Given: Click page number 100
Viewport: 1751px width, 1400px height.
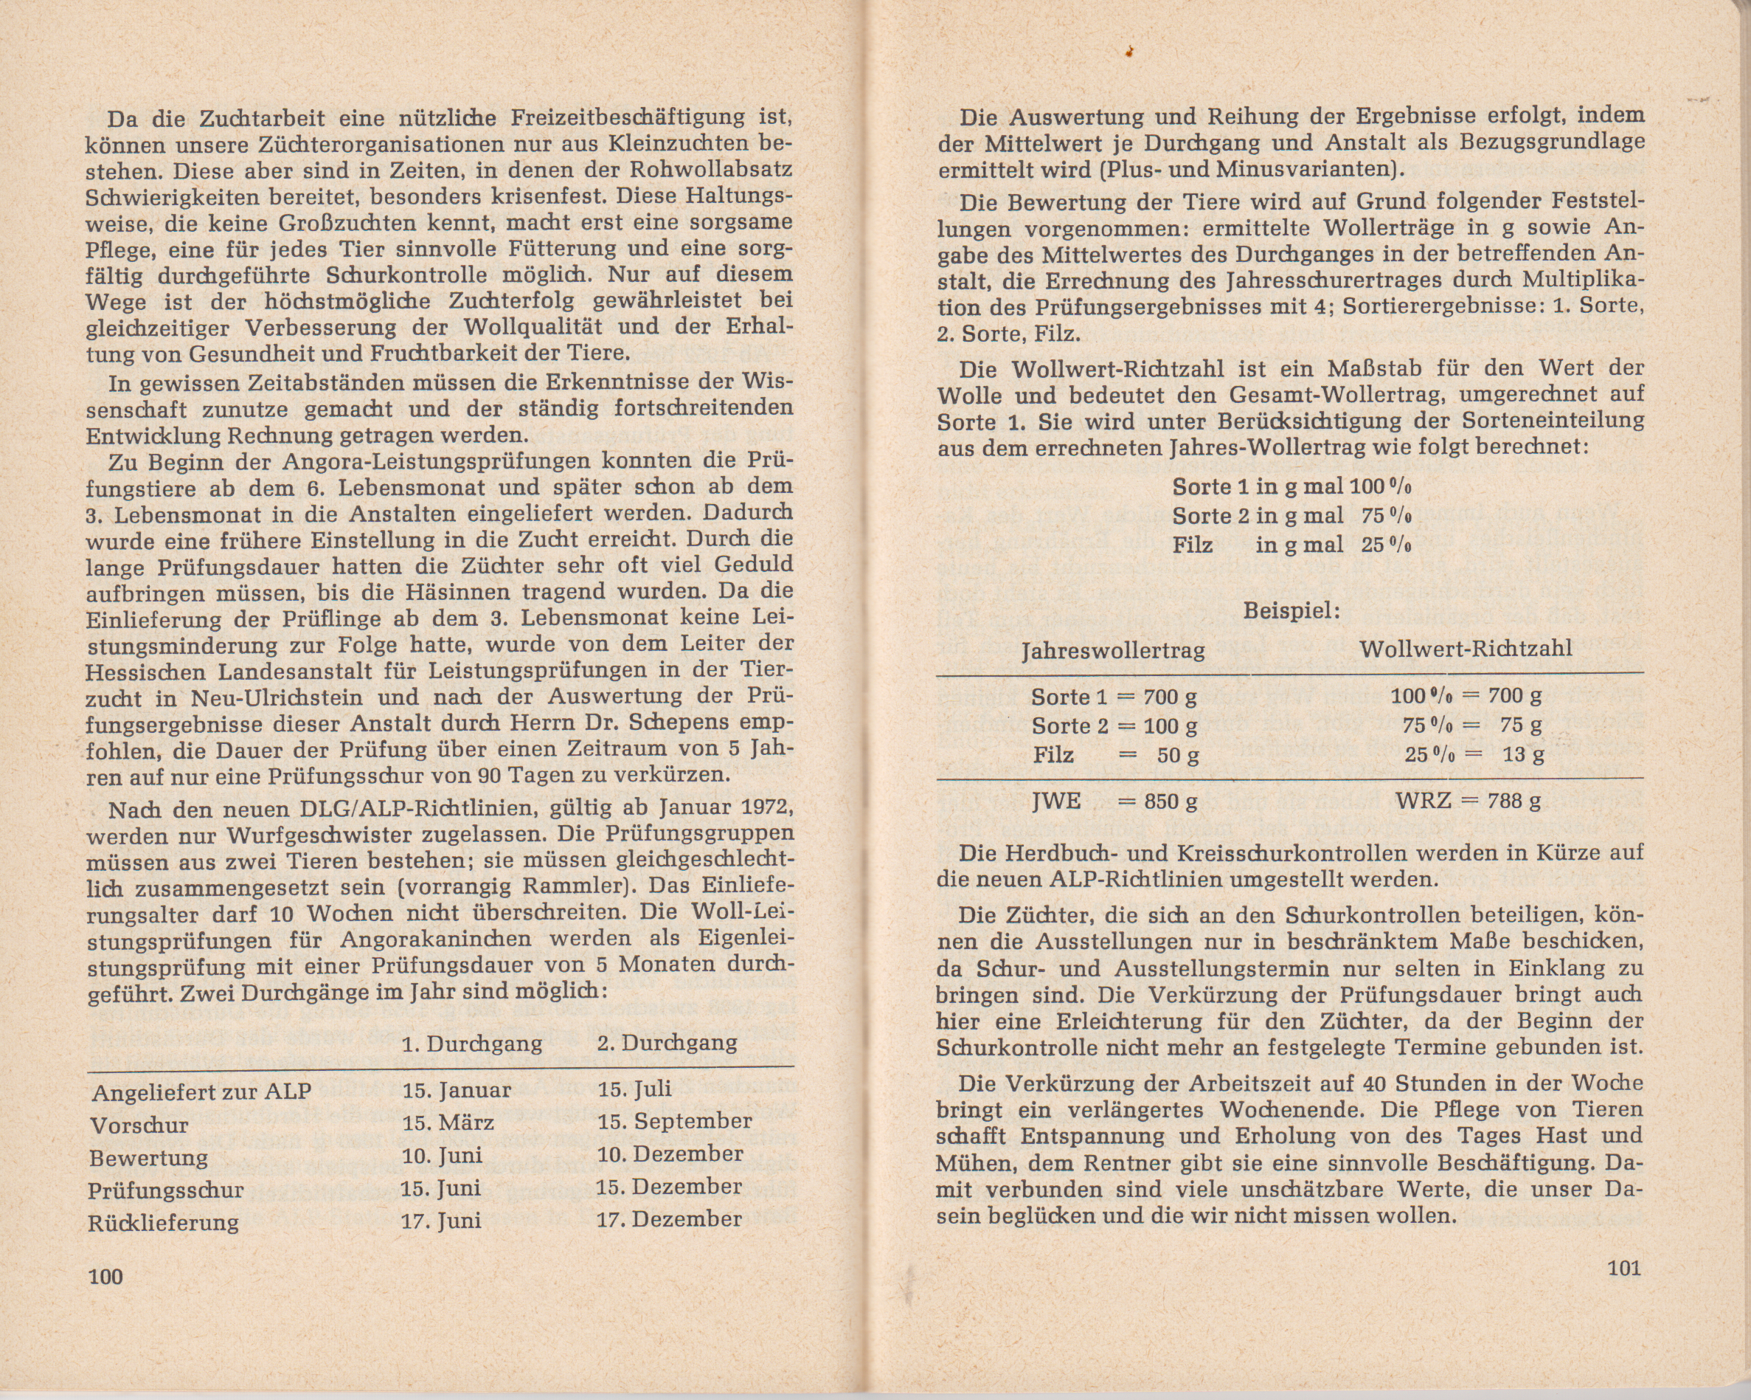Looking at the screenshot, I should pos(105,1276).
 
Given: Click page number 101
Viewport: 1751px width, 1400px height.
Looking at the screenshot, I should pos(1624,1268).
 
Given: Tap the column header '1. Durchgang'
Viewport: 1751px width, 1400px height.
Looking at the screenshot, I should pos(472,1044).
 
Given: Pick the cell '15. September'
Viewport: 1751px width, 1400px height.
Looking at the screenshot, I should pos(675,1121).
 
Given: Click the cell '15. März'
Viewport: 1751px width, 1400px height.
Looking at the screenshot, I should pos(448,1123).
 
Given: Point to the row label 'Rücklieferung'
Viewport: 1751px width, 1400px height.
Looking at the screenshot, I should pos(163,1222).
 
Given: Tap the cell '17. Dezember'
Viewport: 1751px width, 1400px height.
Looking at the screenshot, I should pos(670,1218).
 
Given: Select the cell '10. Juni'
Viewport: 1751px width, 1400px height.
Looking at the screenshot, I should pos(442,1156).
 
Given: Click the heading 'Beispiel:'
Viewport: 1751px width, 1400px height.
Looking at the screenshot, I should pos(1291,611).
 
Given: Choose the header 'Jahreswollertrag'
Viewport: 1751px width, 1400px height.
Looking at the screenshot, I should pos(1113,651).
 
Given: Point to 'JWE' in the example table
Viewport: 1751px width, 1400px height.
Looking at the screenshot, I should pos(1055,801).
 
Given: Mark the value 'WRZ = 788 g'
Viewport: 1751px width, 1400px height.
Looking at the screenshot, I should pos(1469,801).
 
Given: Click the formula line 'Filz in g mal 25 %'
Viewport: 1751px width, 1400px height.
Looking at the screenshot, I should pos(1291,545).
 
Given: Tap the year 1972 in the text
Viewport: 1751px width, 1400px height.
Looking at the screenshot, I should pos(766,810).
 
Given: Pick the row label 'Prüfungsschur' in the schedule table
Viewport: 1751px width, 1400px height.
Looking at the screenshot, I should pos(166,1190).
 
